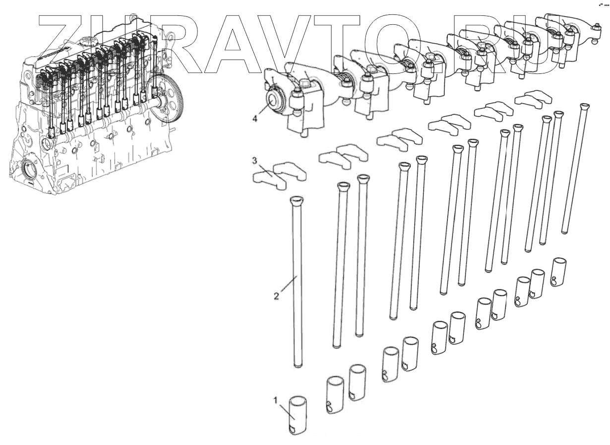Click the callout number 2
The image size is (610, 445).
tap(276, 296)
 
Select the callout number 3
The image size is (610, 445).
tap(254, 161)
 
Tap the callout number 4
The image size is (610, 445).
tap(255, 119)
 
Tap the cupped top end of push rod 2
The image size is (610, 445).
tap(296, 200)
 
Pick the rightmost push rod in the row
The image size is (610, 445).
tap(574, 169)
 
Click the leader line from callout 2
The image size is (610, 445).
tap(288, 286)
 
